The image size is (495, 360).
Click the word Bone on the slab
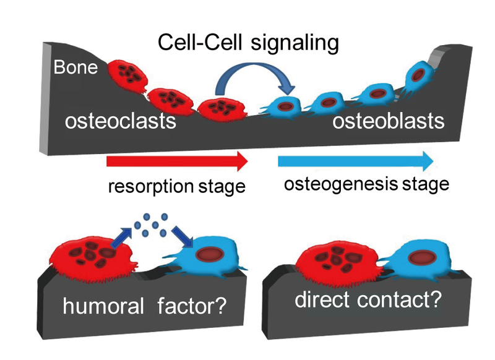(x=75, y=67)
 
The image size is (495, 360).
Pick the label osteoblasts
(x=389, y=121)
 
